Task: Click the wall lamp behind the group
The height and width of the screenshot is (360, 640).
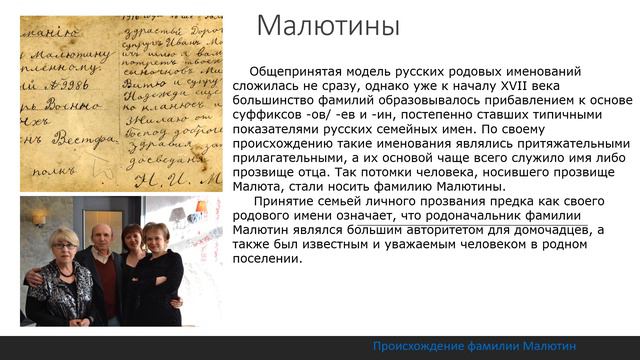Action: pyautogui.click(x=40, y=216)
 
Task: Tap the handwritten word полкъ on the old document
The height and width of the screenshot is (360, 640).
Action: pyautogui.click(x=42, y=165)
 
